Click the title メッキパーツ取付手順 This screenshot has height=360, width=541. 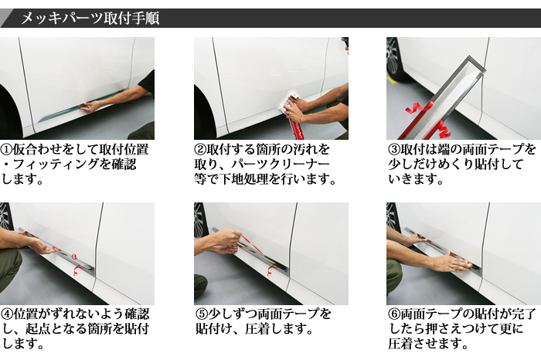click(90, 18)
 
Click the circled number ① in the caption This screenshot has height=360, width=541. click(6, 150)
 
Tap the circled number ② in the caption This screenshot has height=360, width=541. click(200, 150)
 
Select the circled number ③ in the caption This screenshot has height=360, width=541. click(394, 150)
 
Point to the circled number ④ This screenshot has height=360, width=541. click(6, 314)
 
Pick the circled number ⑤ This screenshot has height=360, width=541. click(201, 314)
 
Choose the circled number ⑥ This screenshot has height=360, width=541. click(394, 314)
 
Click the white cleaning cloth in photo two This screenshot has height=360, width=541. click(288, 102)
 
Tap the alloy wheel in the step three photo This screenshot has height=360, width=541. click(393, 59)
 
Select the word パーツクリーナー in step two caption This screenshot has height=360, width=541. click(281, 165)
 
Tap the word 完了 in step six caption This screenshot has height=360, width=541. click(523, 314)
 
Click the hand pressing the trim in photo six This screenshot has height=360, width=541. click(453, 263)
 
